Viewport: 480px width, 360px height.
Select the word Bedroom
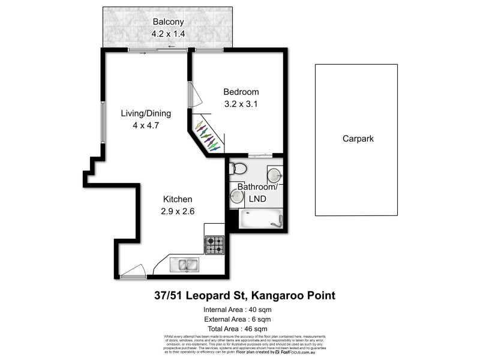241,92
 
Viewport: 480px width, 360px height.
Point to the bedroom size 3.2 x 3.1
241,103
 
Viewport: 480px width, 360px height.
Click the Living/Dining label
146,113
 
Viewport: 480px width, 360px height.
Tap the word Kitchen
178,199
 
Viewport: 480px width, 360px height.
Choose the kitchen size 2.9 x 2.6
178,211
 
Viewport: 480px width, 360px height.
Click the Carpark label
358,138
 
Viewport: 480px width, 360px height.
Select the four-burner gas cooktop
215,244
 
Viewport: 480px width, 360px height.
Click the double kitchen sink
184,265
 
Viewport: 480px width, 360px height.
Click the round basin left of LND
236,195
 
